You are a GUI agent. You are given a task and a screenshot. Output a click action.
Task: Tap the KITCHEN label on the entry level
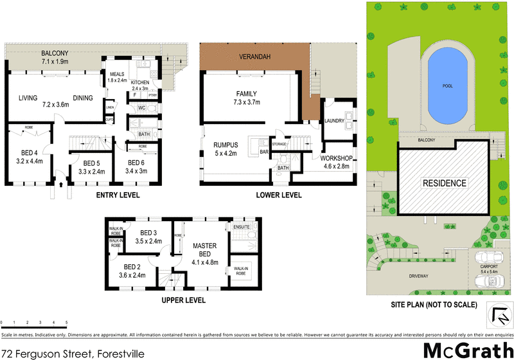coord(139,83)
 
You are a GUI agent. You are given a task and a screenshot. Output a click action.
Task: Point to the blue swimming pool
coord(447,88)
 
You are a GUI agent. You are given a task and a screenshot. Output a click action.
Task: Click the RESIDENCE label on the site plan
coord(443,183)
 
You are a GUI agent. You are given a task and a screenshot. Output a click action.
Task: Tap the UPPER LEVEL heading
coord(183,300)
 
